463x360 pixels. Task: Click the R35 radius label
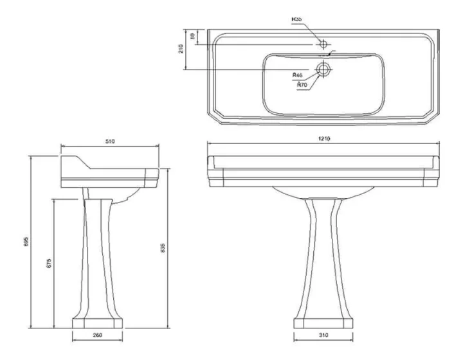(x=296, y=19)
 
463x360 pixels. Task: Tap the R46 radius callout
(x=297, y=75)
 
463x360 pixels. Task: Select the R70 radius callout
(x=302, y=84)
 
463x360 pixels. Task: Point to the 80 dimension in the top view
(x=191, y=37)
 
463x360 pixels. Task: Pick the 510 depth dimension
(x=109, y=141)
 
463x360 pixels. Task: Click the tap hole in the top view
(x=323, y=44)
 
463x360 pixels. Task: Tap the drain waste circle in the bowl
(x=323, y=68)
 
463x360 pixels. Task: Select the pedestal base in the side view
(x=96, y=321)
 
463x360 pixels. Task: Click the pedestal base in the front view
(x=323, y=321)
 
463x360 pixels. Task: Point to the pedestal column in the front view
(x=323, y=257)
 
